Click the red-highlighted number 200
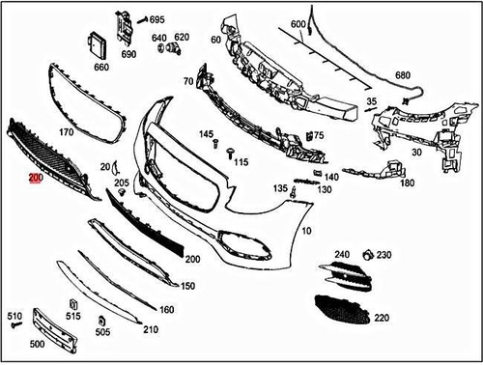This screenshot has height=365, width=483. point(36,179)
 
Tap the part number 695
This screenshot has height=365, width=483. point(157,19)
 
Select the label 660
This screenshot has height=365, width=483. point(101,68)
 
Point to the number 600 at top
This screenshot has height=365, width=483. point(298,23)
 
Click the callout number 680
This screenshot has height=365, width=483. point(403,75)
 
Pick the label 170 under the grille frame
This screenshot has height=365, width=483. point(67,131)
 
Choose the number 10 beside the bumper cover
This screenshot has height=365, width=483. point(306,233)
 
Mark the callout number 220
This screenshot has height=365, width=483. point(382,317)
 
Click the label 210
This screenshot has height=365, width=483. point(151,329)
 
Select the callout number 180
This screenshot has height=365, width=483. point(408,182)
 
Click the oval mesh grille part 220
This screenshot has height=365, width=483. point(343,309)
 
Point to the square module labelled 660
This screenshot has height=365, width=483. point(99,45)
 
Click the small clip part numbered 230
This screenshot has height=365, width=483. point(367,255)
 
